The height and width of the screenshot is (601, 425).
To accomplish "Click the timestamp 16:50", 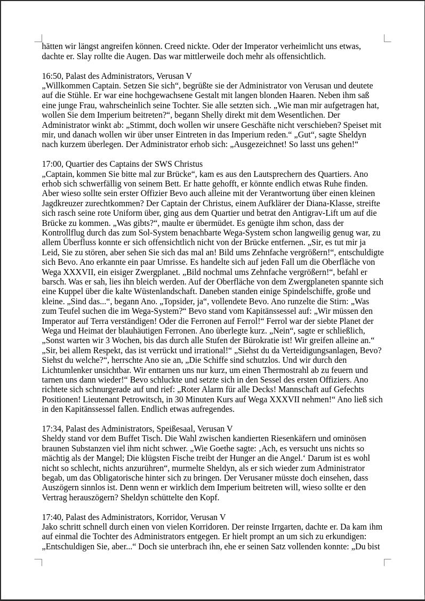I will coord(52,76).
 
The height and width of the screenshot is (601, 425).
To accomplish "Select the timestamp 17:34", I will coord(52,429).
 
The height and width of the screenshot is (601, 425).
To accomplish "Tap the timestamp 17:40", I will coord(52,517).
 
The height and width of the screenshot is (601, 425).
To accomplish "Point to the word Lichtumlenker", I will coord(68,370).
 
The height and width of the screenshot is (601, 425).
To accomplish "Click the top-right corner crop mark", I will coord(387,38).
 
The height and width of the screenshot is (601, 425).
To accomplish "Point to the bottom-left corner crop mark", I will coord(38,562).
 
